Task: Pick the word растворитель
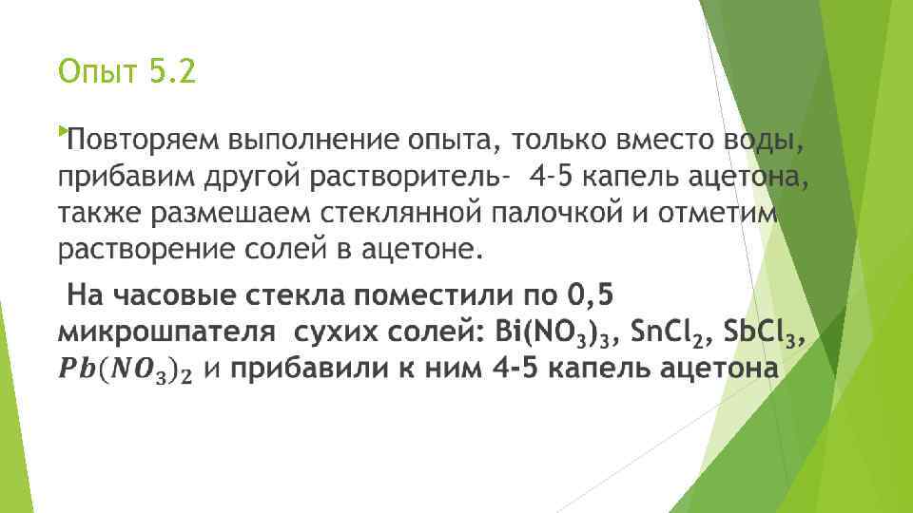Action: pos(385,178)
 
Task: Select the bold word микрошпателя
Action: pos(158,333)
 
